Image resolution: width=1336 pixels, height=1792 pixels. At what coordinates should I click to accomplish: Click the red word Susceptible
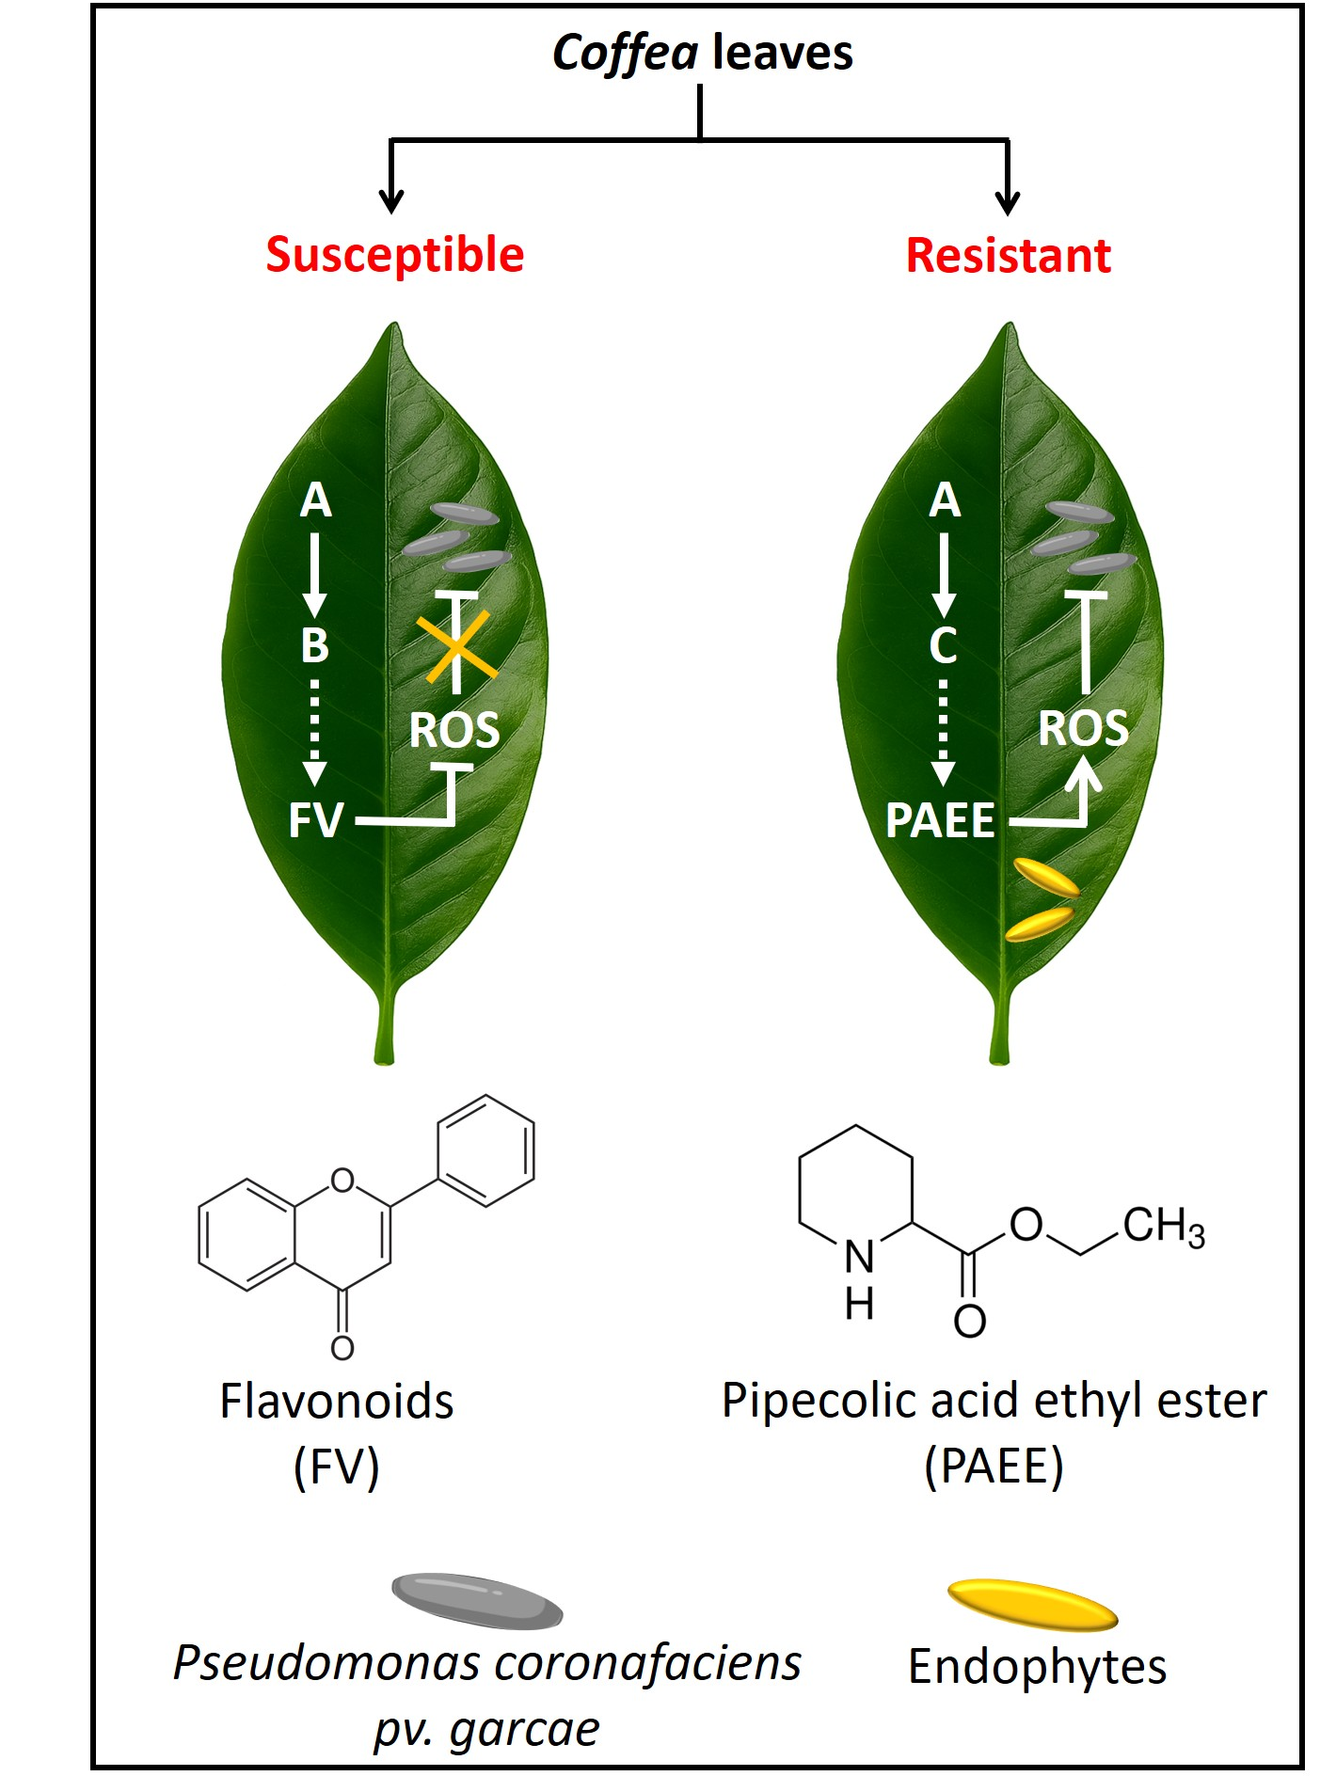[394, 255]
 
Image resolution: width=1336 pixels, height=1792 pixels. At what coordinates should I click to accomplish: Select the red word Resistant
[1008, 256]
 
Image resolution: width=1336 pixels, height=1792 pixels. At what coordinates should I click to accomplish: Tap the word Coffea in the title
[625, 53]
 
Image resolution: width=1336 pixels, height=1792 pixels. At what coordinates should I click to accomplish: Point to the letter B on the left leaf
[315, 645]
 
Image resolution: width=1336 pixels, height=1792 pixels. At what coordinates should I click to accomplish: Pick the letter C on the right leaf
[943, 645]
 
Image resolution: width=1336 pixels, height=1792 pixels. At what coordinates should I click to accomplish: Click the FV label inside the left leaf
[316, 820]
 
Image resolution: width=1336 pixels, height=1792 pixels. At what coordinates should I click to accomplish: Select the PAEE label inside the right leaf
[940, 820]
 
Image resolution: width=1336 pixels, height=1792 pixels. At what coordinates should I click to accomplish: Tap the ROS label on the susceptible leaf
[454, 731]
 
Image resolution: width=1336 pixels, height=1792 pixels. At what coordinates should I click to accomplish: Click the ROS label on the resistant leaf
[1083, 729]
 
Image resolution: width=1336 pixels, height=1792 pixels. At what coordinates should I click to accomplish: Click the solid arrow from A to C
[944, 574]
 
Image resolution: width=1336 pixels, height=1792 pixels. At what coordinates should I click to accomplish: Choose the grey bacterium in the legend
[477, 1600]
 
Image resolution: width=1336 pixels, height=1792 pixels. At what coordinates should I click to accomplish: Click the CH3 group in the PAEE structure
[1163, 1227]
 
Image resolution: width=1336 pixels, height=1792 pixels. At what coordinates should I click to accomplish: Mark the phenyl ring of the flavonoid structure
[485, 1150]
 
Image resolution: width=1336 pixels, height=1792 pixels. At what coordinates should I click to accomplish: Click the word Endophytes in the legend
[1037, 1666]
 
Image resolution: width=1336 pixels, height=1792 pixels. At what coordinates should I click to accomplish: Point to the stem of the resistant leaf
[999, 1025]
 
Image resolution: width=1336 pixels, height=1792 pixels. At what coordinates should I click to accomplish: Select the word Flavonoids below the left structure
[337, 1402]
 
